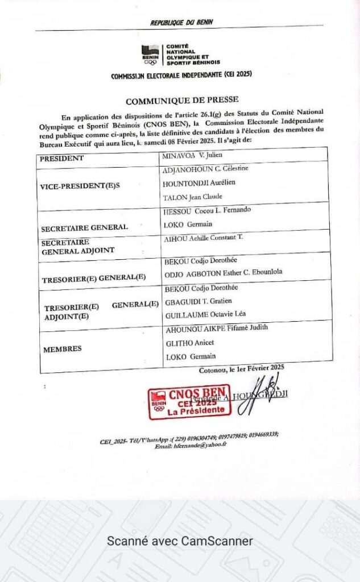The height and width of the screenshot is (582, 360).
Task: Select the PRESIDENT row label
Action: pyautogui.click(x=62, y=159)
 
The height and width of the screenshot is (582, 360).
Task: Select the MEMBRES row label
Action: pyautogui.click(x=62, y=348)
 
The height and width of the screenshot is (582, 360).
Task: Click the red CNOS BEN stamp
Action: pyautogui.click(x=189, y=402)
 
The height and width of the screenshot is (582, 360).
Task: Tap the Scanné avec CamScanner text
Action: pyautogui.click(x=180, y=541)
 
